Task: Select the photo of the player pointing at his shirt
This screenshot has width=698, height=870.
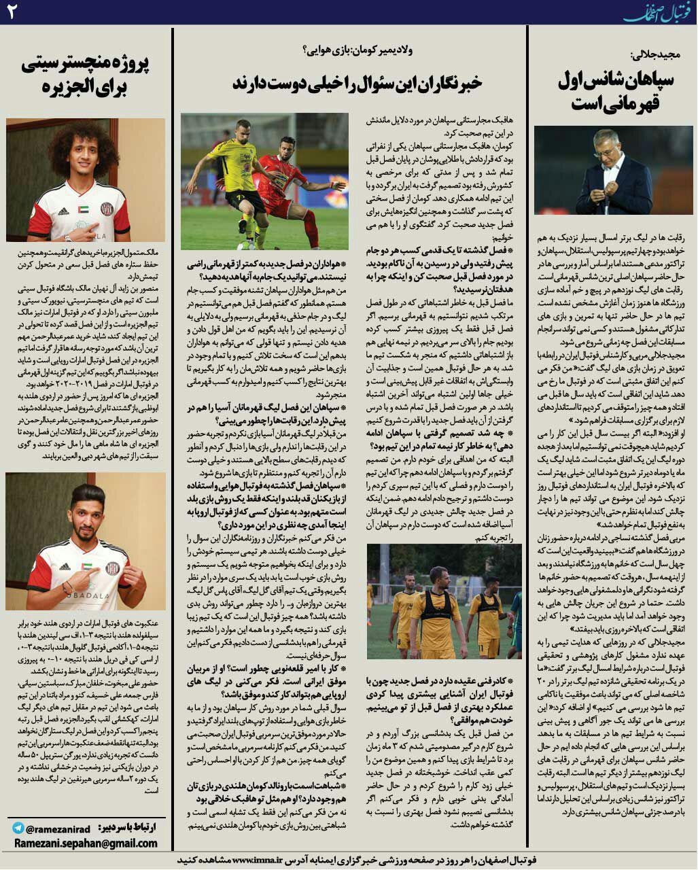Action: [85, 540]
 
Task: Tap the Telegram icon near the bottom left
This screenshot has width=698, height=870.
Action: [18, 829]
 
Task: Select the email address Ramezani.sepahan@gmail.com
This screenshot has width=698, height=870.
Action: [85, 843]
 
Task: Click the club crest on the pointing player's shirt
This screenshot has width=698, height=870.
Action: [113, 566]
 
